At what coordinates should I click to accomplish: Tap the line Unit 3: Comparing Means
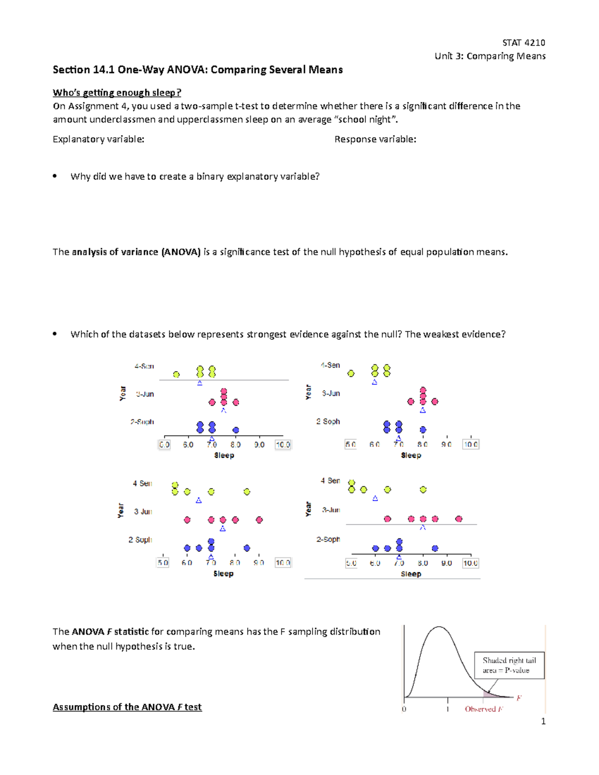(490, 56)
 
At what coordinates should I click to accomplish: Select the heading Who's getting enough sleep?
(117, 92)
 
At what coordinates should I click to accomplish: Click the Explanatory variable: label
(98, 139)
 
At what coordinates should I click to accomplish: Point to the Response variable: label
(375, 139)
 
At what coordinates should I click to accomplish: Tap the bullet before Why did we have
(55, 176)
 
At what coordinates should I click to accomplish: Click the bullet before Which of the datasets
(55, 334)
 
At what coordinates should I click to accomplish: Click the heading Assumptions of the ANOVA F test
(127, 707)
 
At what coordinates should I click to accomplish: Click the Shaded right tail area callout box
(509, 665)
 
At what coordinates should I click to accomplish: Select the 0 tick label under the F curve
(404, 709)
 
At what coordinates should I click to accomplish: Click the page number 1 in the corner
(543, 721)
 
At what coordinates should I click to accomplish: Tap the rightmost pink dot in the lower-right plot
(459, 519)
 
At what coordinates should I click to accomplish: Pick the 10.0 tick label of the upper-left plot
(283, 445)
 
